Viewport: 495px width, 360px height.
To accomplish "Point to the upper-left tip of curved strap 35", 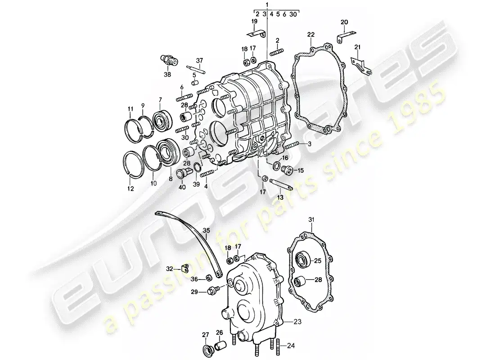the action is (x=156, y=212).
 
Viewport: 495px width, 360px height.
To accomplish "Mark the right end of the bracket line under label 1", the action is (x=299, y=10).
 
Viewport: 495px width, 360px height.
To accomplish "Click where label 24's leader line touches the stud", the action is (x=279, y=346).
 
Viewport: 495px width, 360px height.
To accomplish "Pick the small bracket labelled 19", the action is (x=256, y=33).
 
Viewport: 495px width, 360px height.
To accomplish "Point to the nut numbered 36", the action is (x=209, y=278).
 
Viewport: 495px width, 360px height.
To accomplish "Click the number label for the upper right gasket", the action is (x=311, y=34).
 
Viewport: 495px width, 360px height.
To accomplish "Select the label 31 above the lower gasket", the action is (x=311, y=220).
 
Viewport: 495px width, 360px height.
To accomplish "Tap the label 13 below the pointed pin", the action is (x=280, y=198).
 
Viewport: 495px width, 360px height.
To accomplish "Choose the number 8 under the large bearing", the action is (x=171, y=179).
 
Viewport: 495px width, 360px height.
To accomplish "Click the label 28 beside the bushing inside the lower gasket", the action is (x=318, y=280).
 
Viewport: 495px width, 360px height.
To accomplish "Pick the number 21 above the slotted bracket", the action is (x=357, y=47).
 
